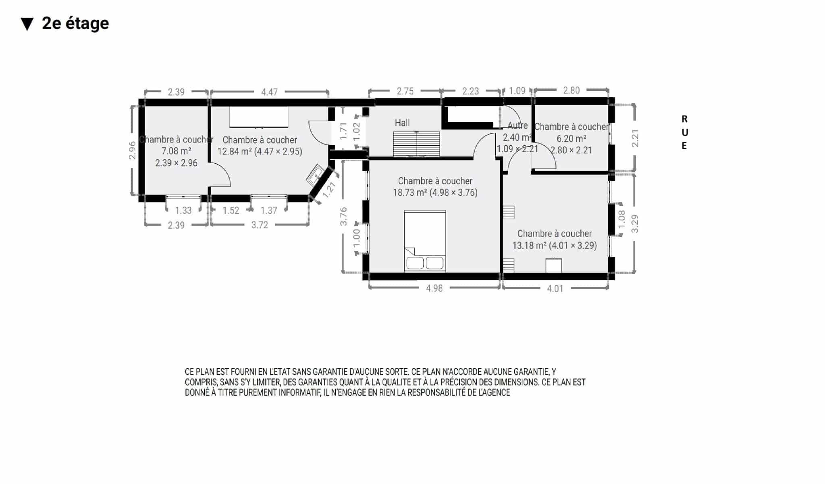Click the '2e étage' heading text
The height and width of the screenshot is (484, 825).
coord(75,23)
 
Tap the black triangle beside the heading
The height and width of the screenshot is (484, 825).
coord(27,24)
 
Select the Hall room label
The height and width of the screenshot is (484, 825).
coord(402,123)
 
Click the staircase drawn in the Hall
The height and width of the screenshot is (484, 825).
coord(416,144)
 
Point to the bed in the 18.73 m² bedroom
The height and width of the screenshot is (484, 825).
coord(425,241)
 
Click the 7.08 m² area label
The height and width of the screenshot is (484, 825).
coord(176,151)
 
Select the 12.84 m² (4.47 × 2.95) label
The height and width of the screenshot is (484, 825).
coord(260,151)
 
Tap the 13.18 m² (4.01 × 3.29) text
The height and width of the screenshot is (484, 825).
coord(555,245)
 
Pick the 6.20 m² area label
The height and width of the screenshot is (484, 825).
coord(571,138)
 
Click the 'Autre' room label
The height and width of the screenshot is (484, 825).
coord(517,125)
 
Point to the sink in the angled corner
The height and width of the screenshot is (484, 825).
coord(316,175)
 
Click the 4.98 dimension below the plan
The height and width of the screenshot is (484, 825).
coord(434,288)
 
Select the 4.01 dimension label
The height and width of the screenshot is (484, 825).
coord(555,288)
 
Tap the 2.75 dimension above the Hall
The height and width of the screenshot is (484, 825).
coord(405,91)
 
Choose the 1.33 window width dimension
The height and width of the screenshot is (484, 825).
coord(183,210)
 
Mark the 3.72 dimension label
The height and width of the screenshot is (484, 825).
coord(260,225)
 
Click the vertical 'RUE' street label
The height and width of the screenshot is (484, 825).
coord(684,132)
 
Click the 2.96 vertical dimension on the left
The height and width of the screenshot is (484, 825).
coord(132,150)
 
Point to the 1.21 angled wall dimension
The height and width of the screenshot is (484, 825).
coord(329,189)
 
